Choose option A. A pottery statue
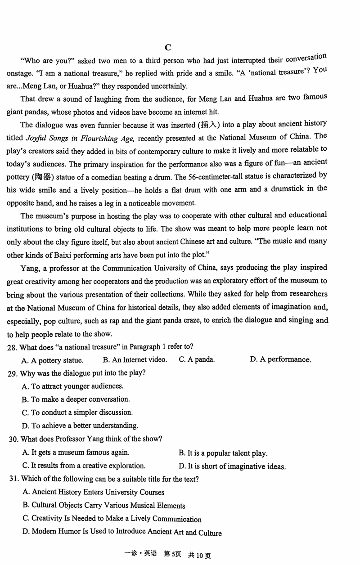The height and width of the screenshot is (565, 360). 52,360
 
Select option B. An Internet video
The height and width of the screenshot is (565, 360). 135,359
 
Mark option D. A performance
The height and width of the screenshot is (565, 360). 280,359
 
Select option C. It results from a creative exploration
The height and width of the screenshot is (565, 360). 84,466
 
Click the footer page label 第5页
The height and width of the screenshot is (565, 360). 172,555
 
